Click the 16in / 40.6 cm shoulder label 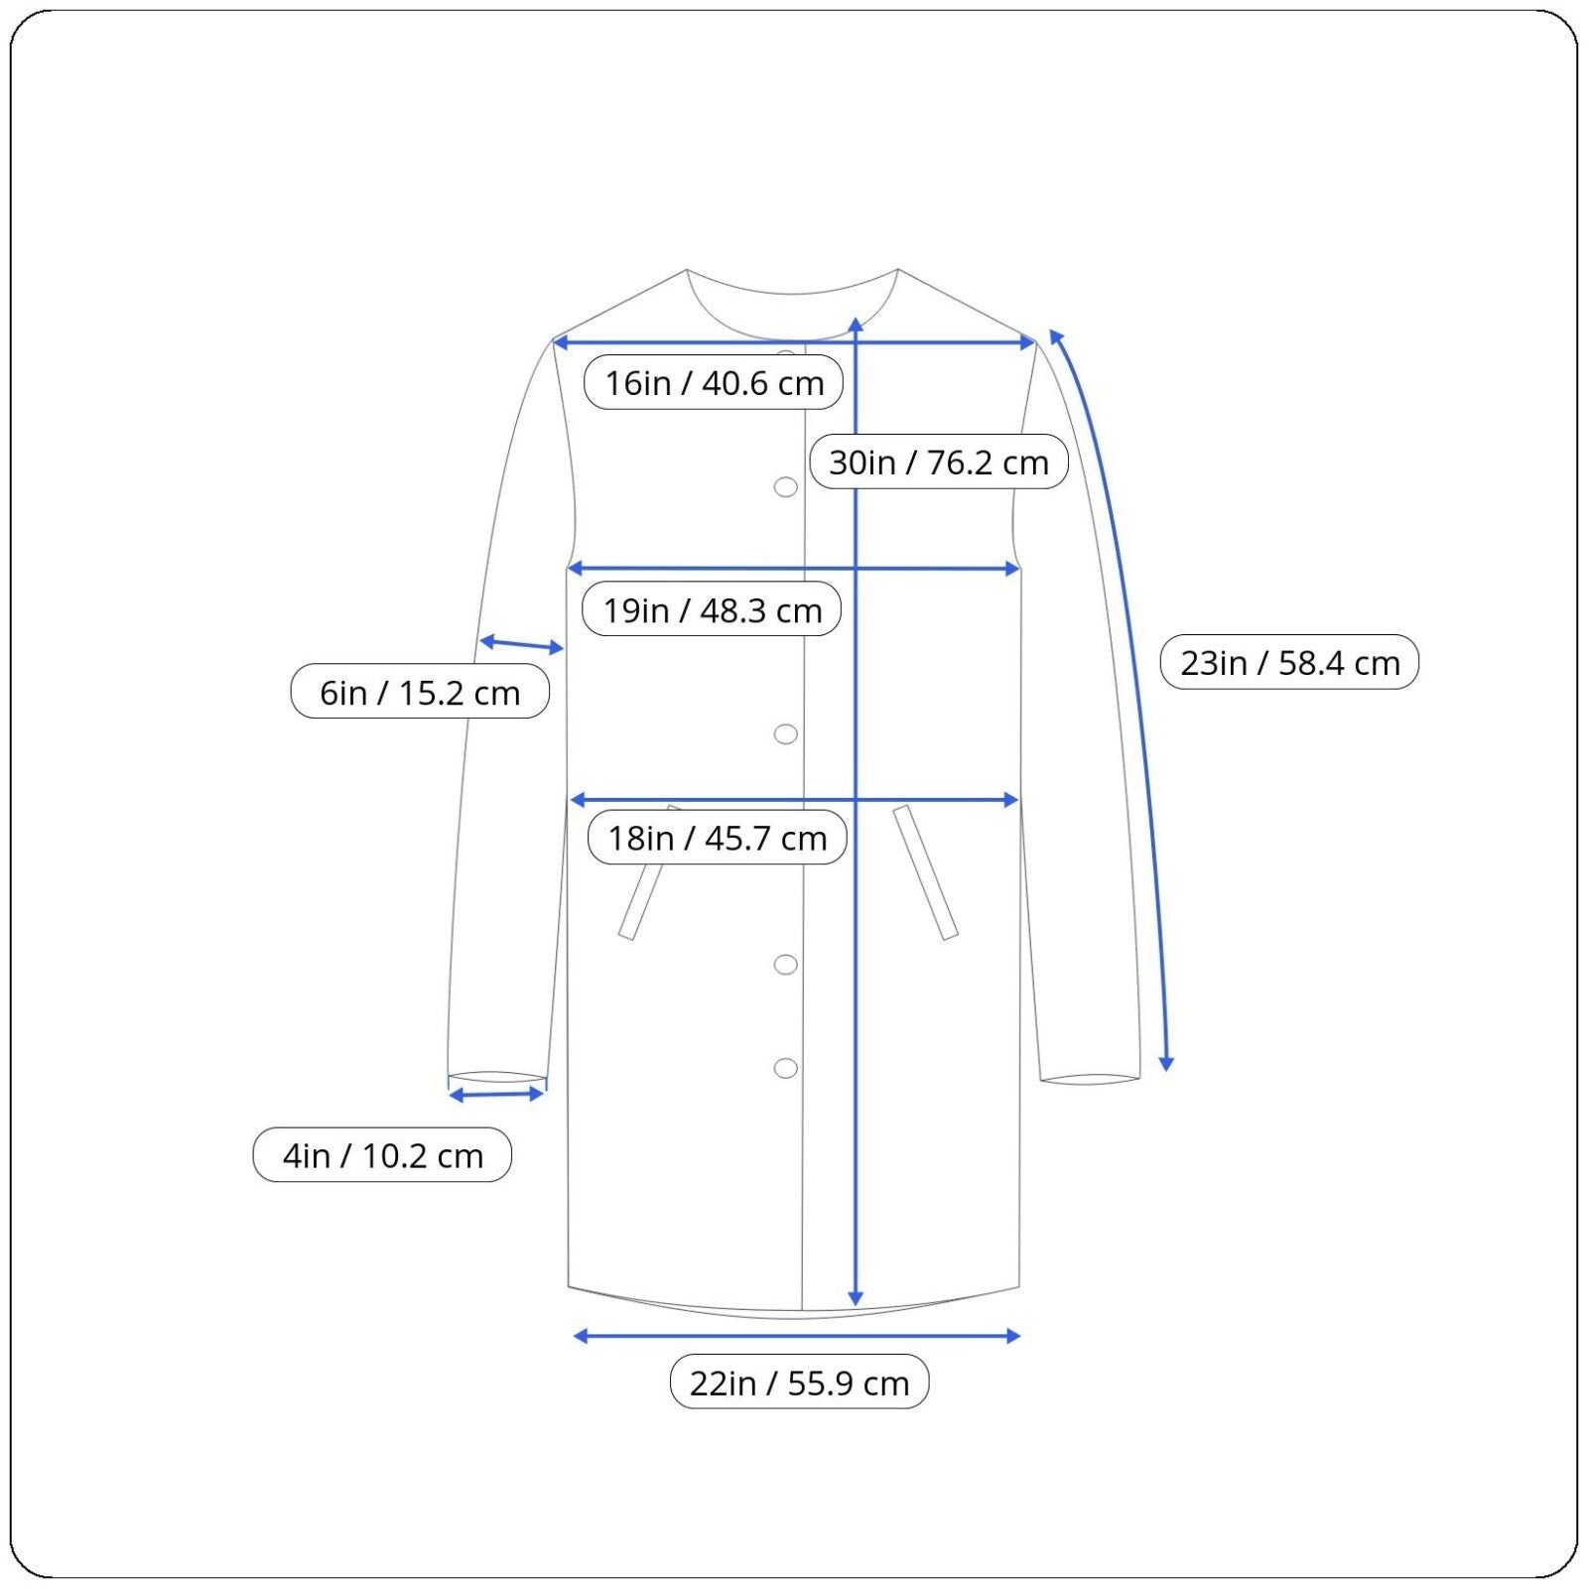pyautogui.click(x=714, y=382)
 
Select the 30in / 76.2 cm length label pyautogui.click(x=939, y=462)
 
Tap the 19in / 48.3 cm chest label pyautogui.click(x=712, y=609)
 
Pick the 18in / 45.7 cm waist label pyautogui.click(x=717, y=838)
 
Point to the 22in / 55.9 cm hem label pyautogui.click(x=799, y=1382)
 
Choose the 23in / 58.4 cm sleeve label pyautogui.click(x=1289, y=662)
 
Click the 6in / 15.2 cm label pyautogui.click(x=420, y=692)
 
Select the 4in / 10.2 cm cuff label pyautogui.click(x=382, y=1155)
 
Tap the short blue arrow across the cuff pyautogui.click(x=496, y=1095)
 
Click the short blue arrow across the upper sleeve pyautogui.click(x=521, y=645)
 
